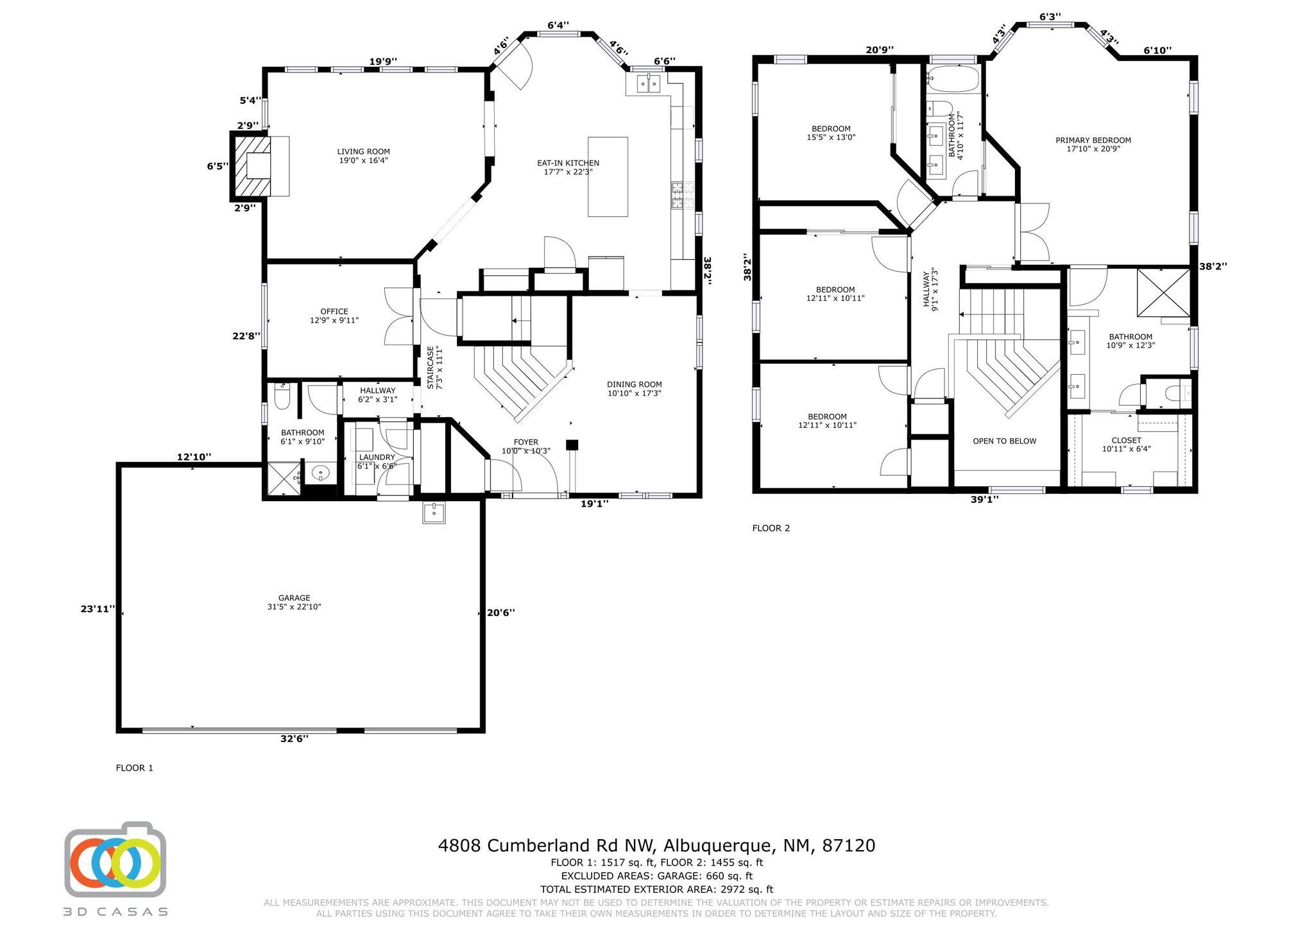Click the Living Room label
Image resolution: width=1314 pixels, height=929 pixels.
(364, 156)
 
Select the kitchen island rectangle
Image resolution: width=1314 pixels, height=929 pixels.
(608, 176)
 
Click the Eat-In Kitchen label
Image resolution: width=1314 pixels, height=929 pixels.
(568, 167)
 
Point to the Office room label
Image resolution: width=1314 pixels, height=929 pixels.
(334, 316)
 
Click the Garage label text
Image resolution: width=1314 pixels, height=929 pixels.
(294, 602)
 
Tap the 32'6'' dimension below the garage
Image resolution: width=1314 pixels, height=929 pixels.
(294, 738)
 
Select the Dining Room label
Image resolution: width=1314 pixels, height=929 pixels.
(635, 389)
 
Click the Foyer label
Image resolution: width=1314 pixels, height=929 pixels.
(525, 446)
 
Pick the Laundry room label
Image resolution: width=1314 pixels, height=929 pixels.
(377, 461)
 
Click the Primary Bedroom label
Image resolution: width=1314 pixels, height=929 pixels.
(1093, 144)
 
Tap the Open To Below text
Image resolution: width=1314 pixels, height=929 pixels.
(1005, 441)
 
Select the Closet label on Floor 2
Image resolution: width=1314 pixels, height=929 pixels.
(1127, 444)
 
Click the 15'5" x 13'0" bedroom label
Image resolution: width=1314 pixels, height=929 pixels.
(831, 133)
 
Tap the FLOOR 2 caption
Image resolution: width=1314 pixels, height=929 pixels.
(771, 528)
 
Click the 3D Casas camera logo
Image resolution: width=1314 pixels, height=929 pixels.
(115, 860)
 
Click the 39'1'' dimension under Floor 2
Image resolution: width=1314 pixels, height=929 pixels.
(985, 499)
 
